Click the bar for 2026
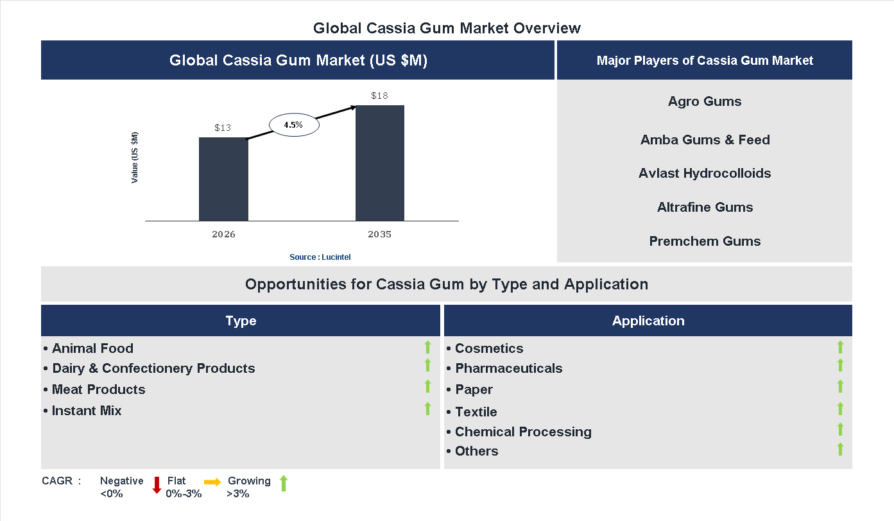pyautogui.click(x=223, y=179)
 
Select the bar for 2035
pyautogui.click(x=380, y=163)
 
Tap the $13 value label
pyautogui.click(x=223, y=128)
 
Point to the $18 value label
pyautogui.click(x=379, y=96)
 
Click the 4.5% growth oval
pyautogui.click(x=293, y=125)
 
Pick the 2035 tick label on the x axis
pyautogui.click(x=379, y=234)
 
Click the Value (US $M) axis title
pyautogui.click(x=135, y=157)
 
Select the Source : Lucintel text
pyautogui.click(x=320, y=257)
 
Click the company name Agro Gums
pyautogui.click(x=705, y=101)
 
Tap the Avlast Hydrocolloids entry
pyautogui.click(x=705, y=173)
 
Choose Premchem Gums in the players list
pyautogui.click(x=705, y=241)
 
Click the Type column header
pyautogui.click(x=241, y=321)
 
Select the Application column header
pyautogui.click(x=648, y=321)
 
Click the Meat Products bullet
pyautogui.click(x=98, y=389)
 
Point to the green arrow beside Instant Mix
pyautogui.click(x=427, y=408)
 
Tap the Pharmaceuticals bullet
pyautogui.click(x=508, y=368)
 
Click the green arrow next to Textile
pyautogui.click(x=840, y=409)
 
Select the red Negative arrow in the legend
pyautogui.click(x=157, y=484)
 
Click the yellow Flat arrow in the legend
pyautogui.click(x=212, y=482)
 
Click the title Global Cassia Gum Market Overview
pyautogui.click(x=447, y=28)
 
